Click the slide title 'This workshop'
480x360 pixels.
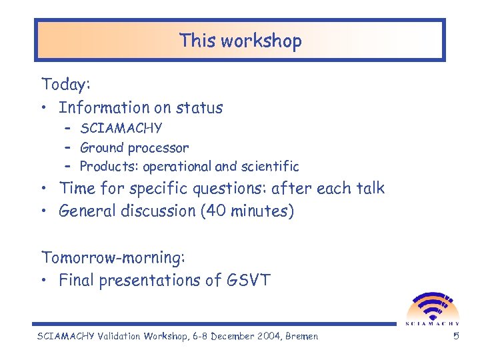(x=240, y=41)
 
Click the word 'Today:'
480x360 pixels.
(x=66, y=85)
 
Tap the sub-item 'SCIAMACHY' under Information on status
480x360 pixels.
(x=121, y=128)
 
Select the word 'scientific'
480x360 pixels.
(x=273, y=167)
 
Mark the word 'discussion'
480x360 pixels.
(x=161, y=211)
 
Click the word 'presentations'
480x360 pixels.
(x=155, y=281)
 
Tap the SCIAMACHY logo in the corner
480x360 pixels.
(x=433, y=309)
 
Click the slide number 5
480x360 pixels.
(x=456, y=336)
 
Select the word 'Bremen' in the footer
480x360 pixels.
(x=301, y=336)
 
